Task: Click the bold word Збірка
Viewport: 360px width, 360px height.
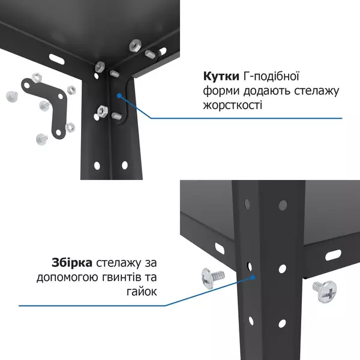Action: point(72,263)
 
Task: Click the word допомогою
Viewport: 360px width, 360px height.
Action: point(67,277)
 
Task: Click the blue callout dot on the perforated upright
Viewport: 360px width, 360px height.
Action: point(255,277)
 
